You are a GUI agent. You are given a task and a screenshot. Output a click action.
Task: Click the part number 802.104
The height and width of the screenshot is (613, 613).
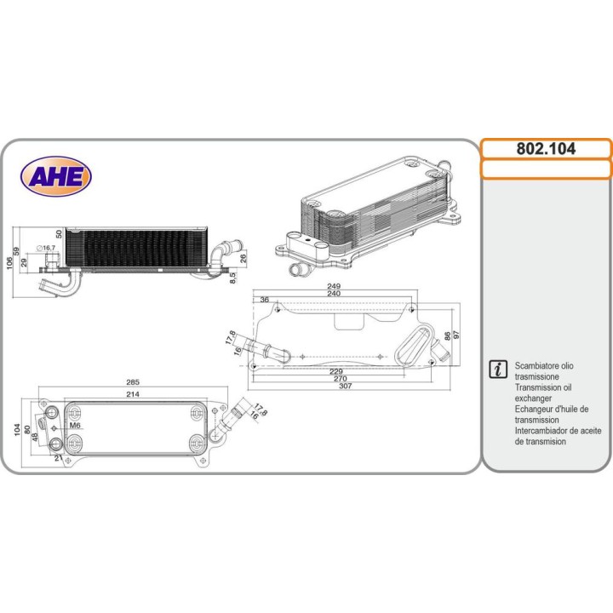(545, 148)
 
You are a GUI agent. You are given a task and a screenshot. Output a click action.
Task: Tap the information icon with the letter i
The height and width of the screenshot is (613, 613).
(498, 369)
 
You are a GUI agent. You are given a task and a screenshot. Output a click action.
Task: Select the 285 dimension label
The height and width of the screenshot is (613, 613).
(134, 382)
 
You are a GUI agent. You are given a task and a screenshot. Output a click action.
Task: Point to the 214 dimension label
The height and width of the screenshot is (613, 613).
(132, 395)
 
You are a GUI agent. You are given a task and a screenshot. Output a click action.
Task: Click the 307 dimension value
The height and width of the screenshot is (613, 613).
(346, 386)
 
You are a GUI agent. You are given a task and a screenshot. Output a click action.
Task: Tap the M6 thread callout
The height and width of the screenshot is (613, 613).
(75, 425)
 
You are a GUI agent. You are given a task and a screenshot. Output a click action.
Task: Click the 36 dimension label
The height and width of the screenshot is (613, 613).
(265, 300)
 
